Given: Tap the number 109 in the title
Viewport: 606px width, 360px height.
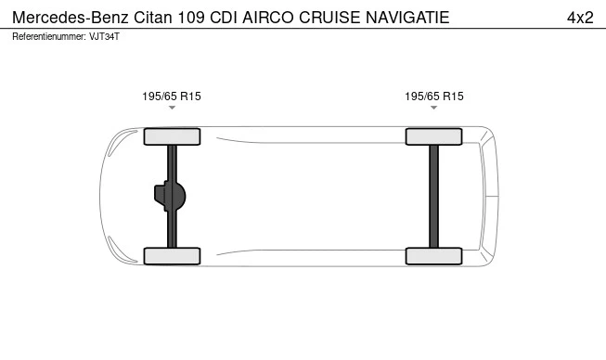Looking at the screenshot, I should pyautogui.click(x=196, y=18).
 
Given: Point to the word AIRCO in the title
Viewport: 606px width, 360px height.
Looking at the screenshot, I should pyautogui.click(x=268, y=18).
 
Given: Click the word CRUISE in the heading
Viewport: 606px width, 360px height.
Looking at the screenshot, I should pyautogui.click(x=330, y=18).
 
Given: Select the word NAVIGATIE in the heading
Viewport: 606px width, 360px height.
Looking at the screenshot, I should pyautogui.click(x=408, y=18).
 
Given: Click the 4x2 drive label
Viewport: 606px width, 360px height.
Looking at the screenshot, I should pyautogui.click(x=579, y=18).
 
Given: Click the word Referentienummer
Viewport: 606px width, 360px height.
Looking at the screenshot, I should pyautogui.click(x=46, y=37).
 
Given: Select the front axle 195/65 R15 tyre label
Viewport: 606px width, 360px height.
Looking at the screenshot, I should pyautogui.click(x=172, y=96).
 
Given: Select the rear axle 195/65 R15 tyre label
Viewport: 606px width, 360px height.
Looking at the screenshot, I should pyautogui.click(x=433, y=96).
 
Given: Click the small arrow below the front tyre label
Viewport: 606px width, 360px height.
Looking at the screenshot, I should pyautogui.click(x=172, y=109).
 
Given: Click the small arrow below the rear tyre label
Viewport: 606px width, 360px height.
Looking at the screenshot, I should pyautogui.click(x=433, y=109).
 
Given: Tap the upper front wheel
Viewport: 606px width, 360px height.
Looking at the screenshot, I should pyautogui.click(x=172, y=136).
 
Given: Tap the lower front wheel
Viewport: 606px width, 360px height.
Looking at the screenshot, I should pyautogui.click(x=172, y=256).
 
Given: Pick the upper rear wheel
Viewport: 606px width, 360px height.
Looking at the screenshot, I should pyautogui.click(x=433, y=136).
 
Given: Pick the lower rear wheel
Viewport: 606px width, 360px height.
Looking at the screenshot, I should pyautogui.click(x=433, y=256).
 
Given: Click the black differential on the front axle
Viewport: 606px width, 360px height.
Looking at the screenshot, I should pyautogui.click(x=172, y=196).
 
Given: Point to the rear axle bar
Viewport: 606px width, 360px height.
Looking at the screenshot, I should pyautogui.click(x=433, y=196).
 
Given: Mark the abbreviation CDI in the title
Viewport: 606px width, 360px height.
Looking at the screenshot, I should pyautogui.click(x=226, y=18).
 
